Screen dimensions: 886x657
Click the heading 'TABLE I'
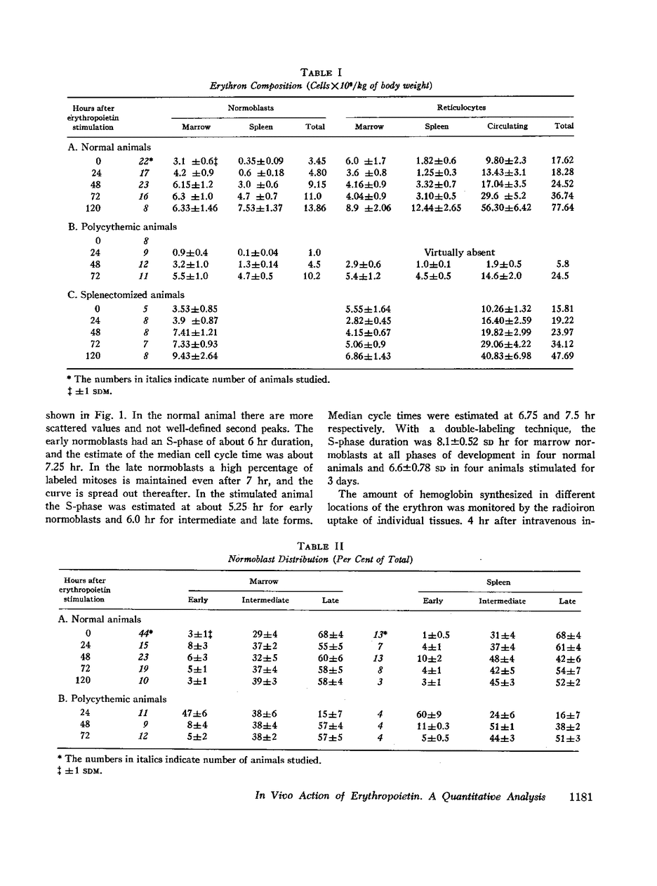point(321,72)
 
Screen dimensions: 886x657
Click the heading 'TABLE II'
point(321,546)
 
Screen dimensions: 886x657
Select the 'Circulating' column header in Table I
point(507,126)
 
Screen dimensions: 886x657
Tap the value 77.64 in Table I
point(563,209)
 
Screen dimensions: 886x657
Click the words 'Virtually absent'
point(459,252)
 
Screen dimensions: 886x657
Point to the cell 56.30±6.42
point(507,209)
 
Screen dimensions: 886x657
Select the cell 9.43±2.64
point(195,356)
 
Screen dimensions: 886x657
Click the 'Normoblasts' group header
point(251,108)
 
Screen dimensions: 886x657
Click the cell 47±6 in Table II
point(194,715)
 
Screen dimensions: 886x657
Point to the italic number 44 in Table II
point(145,634)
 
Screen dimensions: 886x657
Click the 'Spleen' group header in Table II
point(498,582)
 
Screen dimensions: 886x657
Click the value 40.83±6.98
point(507,356)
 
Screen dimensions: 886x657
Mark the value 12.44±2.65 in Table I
point(436,209)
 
